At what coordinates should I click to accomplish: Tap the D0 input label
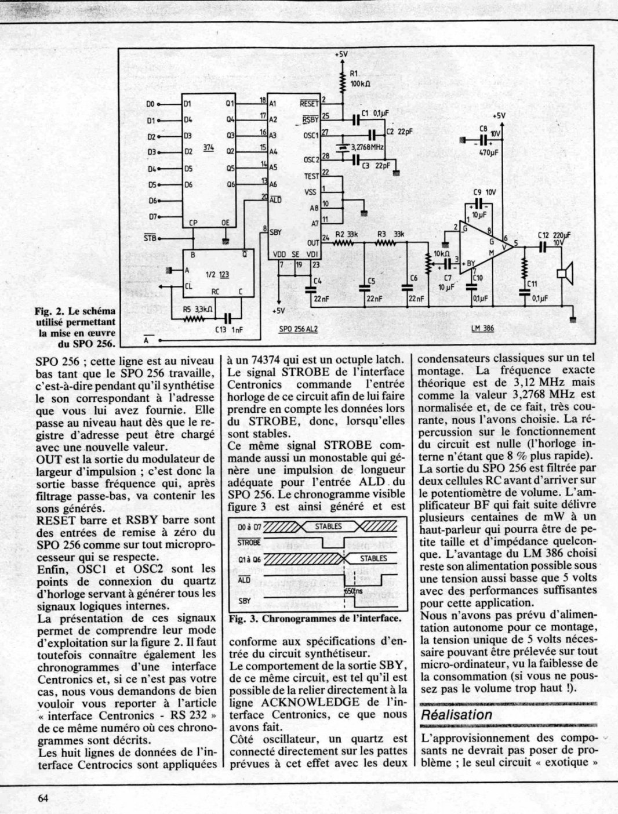click(151, 104)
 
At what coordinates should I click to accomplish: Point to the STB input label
click(150, 238)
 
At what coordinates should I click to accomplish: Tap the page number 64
click(42, 797)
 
